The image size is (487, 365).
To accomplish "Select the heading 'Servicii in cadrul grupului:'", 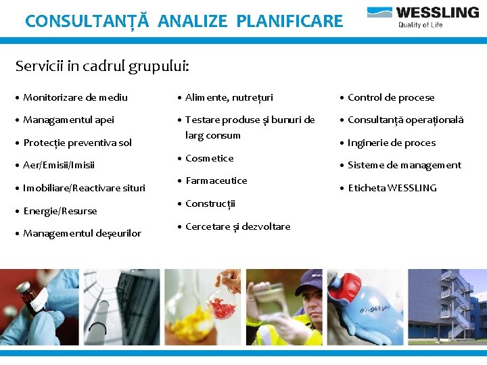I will click(102, 66).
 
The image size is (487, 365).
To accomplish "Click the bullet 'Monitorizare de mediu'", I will click(75, 97).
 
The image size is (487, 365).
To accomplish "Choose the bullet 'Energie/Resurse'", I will click(60, 211).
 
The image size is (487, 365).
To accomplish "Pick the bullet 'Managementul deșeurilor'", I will click(82, 233).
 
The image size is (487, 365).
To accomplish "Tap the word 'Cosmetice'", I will click(209, 158).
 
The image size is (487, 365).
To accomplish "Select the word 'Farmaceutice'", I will click(216, 180).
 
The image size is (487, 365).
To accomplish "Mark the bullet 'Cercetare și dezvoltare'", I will click(237, 226).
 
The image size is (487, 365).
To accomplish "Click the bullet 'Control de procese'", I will click(391, 97).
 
